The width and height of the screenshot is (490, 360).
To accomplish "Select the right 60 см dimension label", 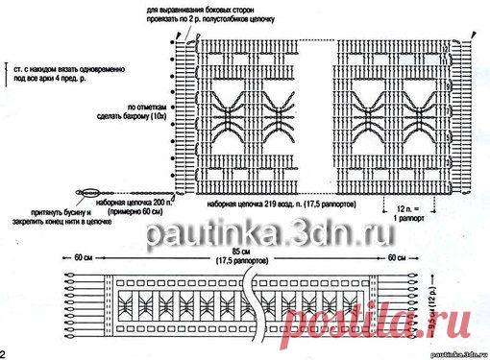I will pyautogui.click(x=394, y=258).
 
